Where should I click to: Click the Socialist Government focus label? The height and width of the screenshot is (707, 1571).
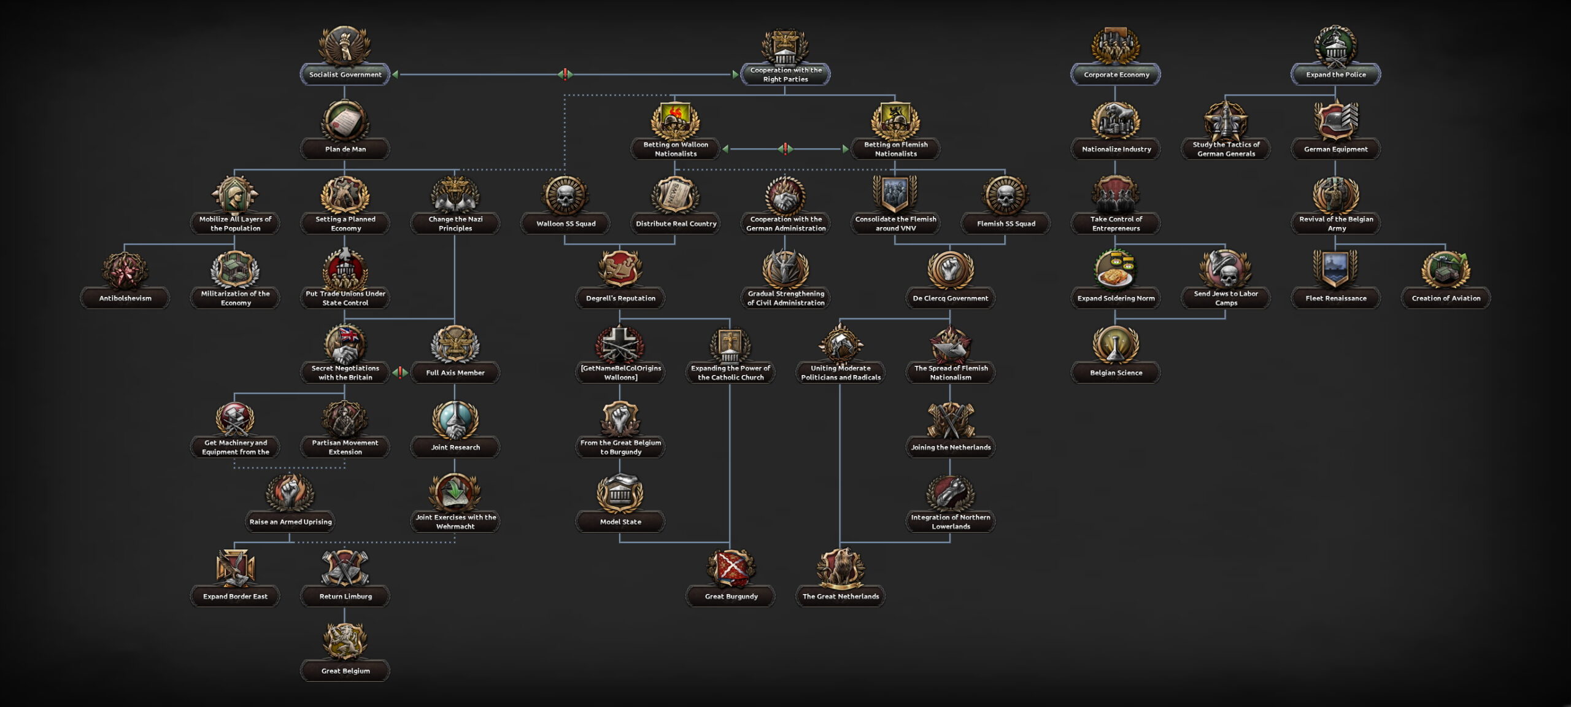point(345,75)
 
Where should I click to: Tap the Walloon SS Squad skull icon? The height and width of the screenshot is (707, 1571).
point(565,196)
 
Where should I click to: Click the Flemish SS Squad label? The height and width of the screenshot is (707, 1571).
point(1006,223)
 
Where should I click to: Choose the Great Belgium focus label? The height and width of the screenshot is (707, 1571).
point(345,671)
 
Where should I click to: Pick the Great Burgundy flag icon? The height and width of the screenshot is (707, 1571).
point(730,568)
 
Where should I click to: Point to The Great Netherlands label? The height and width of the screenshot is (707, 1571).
point(841,597)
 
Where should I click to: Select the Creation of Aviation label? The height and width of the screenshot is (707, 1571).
point(1446,298)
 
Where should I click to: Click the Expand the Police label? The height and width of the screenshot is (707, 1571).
point(1335,75)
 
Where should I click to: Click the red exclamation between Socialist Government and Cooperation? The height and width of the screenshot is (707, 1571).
point(565,75)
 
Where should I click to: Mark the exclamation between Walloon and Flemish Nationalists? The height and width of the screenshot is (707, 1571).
point(785,149)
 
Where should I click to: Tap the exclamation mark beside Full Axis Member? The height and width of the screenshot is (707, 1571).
point(400,373)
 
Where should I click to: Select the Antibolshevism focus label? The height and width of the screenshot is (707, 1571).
point(125,298)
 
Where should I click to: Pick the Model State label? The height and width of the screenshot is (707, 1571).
point(620,522)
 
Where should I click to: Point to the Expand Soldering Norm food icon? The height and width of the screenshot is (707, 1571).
point(1116,270)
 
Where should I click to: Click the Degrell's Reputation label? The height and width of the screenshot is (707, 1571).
point(620,298)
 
